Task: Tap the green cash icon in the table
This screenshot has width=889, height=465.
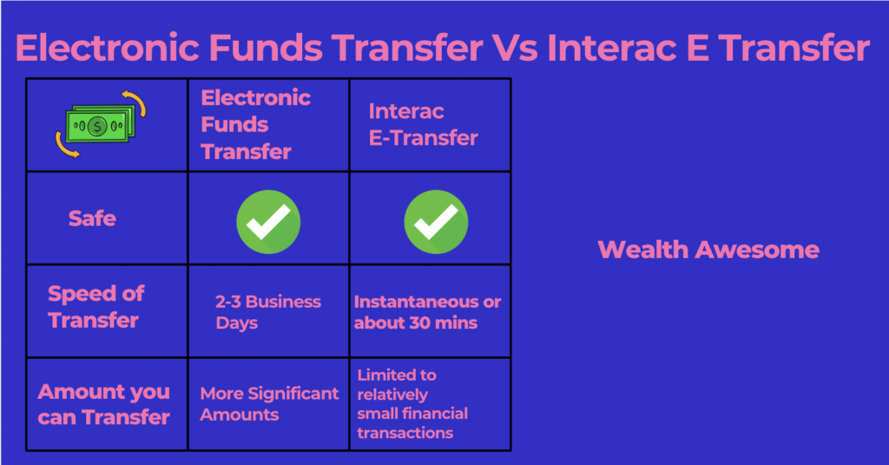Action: (101, 124)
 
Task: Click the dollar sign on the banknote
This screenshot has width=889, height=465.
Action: (97, 126)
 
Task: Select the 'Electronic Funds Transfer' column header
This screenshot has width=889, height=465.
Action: (256, 125)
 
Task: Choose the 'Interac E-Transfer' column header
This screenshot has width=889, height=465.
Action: (423, 125)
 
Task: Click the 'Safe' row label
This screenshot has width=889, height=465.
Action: (92, 218)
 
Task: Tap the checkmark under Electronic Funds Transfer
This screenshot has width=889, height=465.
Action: (268, 222)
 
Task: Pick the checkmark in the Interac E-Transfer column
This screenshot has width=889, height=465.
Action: (436, 222)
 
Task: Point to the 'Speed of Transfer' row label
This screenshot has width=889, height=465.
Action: (95, 307)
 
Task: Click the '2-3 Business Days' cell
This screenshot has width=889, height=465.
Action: (268, 312)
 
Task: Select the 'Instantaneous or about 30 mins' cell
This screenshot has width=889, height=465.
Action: (427, 312)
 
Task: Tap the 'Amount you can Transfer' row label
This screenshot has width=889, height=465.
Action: (104, 404)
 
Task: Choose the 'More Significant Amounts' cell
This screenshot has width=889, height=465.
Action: (269, 403)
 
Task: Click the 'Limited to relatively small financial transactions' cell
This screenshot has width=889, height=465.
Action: (412, 403)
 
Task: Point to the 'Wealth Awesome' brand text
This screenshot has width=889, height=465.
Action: (708, 249)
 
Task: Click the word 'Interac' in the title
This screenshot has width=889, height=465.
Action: (612, 48)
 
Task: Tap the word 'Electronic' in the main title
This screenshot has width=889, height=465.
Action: (108, 48)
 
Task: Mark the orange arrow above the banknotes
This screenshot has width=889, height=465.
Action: (135, 103)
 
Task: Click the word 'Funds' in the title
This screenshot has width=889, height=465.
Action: (266, 48)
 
